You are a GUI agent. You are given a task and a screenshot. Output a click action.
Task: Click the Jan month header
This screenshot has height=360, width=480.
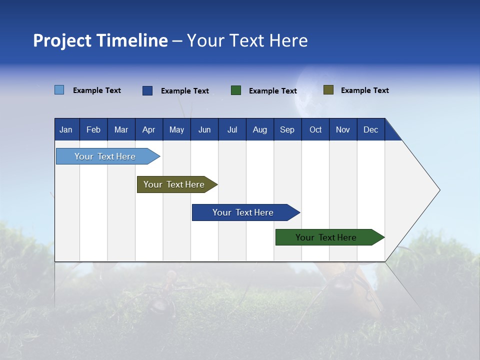pyautogui.click(x=66, y=129)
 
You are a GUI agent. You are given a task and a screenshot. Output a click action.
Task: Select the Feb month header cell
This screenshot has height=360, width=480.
pyautogui.click(x=93, y=129)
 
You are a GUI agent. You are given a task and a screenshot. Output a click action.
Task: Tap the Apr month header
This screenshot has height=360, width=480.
pyautogui.click(x=148, y=129)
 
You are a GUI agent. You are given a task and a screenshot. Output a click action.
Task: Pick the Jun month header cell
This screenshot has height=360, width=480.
pyautogui.click(x=204, y=129)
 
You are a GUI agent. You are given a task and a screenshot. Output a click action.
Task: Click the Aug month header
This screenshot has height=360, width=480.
pyautogui.click(x=259, y=129)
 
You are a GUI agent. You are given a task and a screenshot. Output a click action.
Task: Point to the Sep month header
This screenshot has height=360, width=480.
pyautogui.click(x=287, y=129)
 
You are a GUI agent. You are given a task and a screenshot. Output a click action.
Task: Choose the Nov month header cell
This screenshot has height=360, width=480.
pyautogui.click(x=342, y=129)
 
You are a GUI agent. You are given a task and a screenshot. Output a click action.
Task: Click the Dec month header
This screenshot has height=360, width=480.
pyautogui.click(x=370, y=129)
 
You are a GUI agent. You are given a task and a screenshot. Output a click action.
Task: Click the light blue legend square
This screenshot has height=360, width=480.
pyautogui.click(x=59, y=90)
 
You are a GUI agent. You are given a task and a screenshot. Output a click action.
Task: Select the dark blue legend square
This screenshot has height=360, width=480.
pyautogui.click(x=147, y=90)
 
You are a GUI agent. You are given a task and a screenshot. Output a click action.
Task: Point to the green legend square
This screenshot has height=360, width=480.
pyautogui.click(x=236, y=90)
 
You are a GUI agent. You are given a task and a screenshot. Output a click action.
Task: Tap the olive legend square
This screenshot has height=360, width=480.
pyautogui.click(x=328, y=90)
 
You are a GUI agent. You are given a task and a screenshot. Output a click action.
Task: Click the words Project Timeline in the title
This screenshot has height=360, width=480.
pyautogui.click(x=100, y=40)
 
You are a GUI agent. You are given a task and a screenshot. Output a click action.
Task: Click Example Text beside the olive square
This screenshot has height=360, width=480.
pyautogui.click(x=364, y=90)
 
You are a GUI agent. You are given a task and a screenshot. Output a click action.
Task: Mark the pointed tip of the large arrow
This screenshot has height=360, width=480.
pyautogui.click(x=438, y=190)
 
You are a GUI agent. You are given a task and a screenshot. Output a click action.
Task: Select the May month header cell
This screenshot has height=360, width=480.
pyautogui.click(x=176, y=129)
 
